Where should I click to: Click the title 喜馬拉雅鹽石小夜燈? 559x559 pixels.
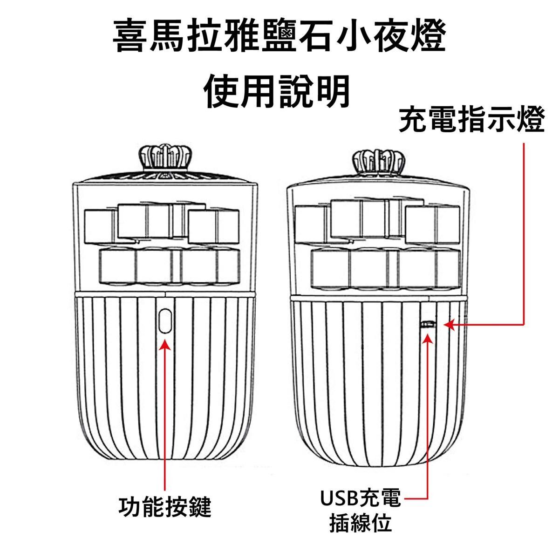[x=279, y=36]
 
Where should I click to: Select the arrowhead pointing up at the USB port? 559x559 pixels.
[x=428, y=338]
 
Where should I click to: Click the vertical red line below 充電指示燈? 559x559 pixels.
[x=525, y=233]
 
